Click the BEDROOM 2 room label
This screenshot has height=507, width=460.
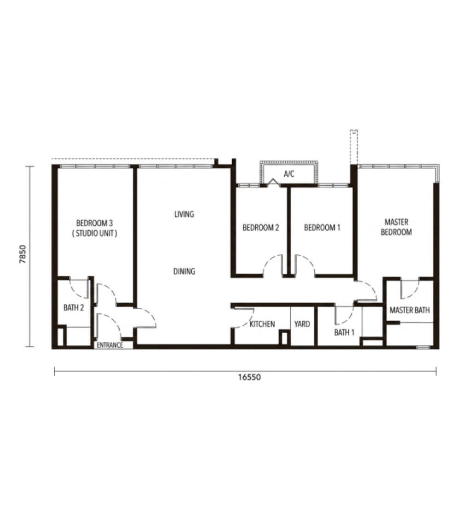point(261,228)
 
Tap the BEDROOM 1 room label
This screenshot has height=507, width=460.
point(322,228)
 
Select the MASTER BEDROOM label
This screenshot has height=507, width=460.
point(397,227)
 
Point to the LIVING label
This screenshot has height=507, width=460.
point(184,214)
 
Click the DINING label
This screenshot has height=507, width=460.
point(184,271)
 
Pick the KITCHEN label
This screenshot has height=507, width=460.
point(262,324)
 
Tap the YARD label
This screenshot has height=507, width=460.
point(302,324)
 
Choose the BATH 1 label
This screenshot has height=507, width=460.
point(345,332)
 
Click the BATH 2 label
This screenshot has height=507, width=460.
point(74,307)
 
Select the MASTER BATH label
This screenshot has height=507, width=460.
point(410,310)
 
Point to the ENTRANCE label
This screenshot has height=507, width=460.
point(110,345)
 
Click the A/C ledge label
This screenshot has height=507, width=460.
point(289,174)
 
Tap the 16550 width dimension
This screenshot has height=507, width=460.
point(249,377)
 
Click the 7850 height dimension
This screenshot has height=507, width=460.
point(23,254)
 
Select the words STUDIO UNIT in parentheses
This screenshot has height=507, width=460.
point(95,233)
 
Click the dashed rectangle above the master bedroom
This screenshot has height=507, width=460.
point(354,147)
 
